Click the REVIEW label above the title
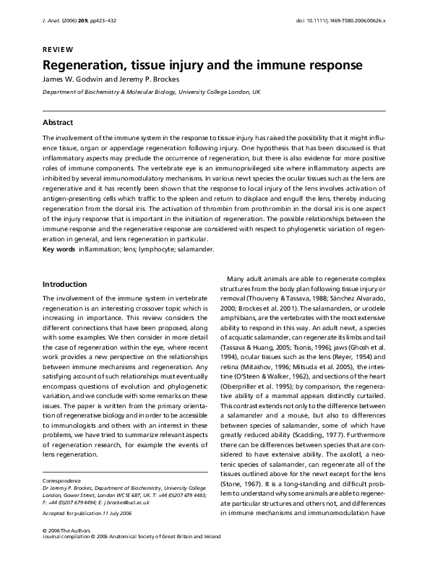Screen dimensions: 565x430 click(x=58, y=48)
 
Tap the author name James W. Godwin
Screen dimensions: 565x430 click(x=75, y=79)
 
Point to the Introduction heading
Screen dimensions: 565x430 click(x=65, y=283)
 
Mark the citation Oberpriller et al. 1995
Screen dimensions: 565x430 click(x=261, y=386)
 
